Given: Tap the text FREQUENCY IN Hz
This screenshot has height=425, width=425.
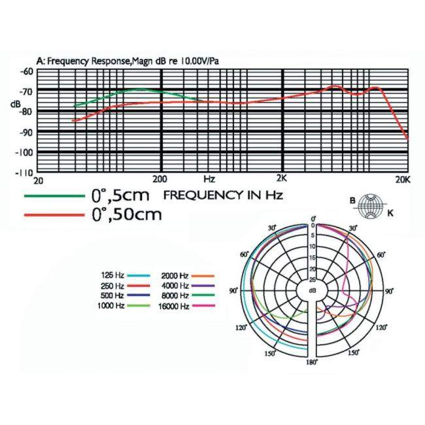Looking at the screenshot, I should [222, 195].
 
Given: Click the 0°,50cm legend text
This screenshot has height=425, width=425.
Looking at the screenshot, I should [127, 214].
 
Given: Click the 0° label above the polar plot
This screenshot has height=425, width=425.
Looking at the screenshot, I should [313, 218].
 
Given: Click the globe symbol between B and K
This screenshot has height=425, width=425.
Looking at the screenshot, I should [371, 205].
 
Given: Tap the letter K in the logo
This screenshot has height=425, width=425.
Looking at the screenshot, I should [390, 213].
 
